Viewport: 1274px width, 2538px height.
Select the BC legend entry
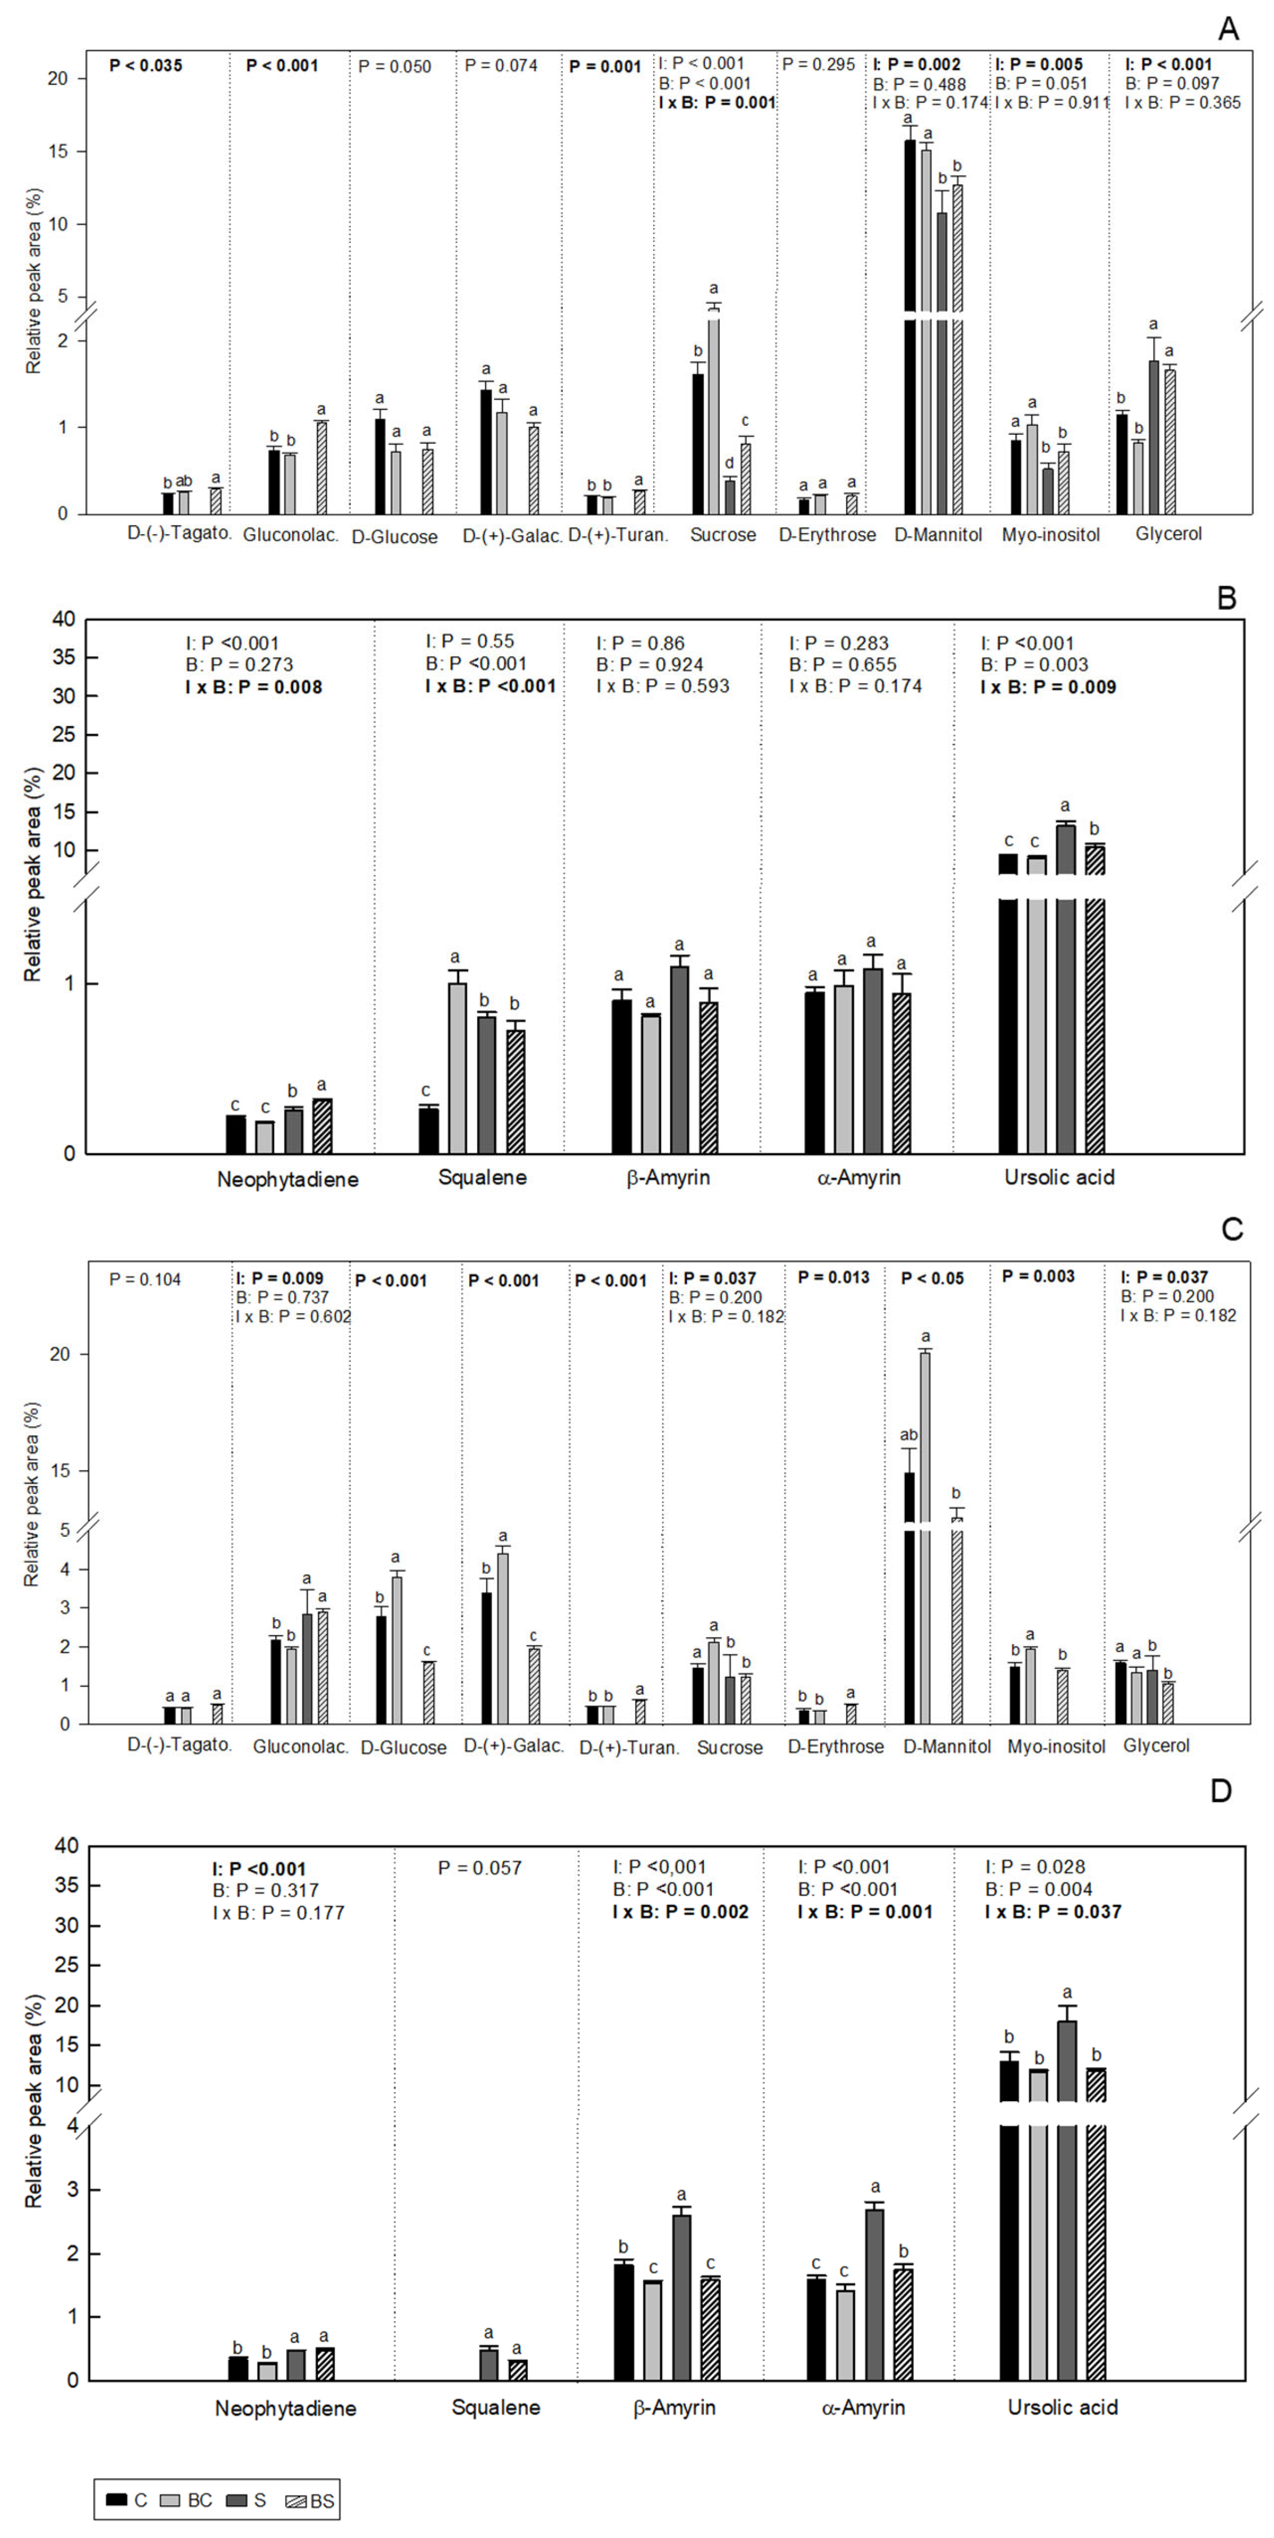pyautogui.click(x=189, y=2499)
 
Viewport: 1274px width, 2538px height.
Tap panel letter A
pyautogui.click(x=1227, y=30)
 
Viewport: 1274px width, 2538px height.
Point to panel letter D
pyautogui.click(x=1221, y=1790)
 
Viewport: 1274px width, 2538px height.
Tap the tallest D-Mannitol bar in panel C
pyautogui.click(x=925, y=1537)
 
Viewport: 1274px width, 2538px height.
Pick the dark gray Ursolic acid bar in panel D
pyautogui.click(x=1067, y=2217)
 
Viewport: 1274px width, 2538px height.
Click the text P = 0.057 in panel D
pyautogui.click(x=481, y=1867)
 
